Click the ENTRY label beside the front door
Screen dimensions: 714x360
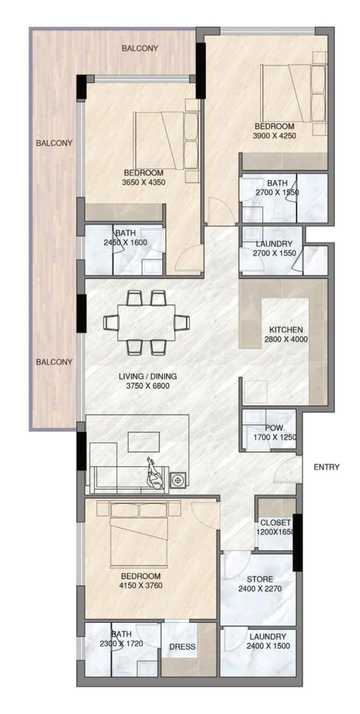click(326, 467)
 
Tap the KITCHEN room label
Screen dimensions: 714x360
click(286, 329)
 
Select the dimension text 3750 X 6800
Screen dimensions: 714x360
click(148, 386)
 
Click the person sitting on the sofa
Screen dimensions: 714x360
click(155, 475)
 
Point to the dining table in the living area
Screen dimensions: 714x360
click(146, 323)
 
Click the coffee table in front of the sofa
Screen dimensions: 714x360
click(144, 441)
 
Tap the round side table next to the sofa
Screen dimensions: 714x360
click(178, 479)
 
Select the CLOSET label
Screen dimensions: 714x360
click(275, 522)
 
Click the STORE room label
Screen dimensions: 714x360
click(260, 579)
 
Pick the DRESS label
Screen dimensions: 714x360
click(182, 646)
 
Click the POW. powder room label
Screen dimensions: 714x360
click(275, 428)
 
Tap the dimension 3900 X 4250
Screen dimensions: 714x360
click(274, 136)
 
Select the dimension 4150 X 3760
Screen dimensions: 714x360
click(140, 586)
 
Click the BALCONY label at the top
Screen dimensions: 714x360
click(140, 48)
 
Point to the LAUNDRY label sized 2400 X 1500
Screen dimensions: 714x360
click(268, 636)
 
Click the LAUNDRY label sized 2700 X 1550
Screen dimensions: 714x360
click(274, 244)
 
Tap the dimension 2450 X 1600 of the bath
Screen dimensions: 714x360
click(125, 242)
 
